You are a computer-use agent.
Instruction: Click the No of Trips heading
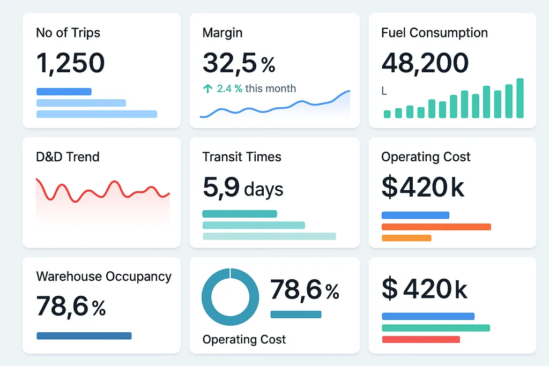coord(68,33)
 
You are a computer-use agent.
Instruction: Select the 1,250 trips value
coord(70,63)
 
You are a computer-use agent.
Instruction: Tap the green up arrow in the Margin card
coord(208,89)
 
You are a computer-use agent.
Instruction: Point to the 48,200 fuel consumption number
coord(425,63)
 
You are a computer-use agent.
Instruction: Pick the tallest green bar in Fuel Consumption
coord(520,98)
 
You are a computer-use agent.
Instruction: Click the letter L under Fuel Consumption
coord(384,92)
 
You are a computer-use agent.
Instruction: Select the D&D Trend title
coord(68,157)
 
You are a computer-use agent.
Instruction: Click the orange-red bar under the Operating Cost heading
coord(436,227)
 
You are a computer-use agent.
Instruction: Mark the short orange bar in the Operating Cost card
coord(406,238)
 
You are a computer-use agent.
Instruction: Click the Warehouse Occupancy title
coord(103,277)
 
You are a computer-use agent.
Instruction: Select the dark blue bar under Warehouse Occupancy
coord(84,336)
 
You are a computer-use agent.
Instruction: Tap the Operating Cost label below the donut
coord(244,339)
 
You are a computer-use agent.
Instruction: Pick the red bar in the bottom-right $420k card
coord(421,339)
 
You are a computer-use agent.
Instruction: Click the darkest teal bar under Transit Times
coord(240,214)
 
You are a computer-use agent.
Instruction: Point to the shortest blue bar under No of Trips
coord(64,92)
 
